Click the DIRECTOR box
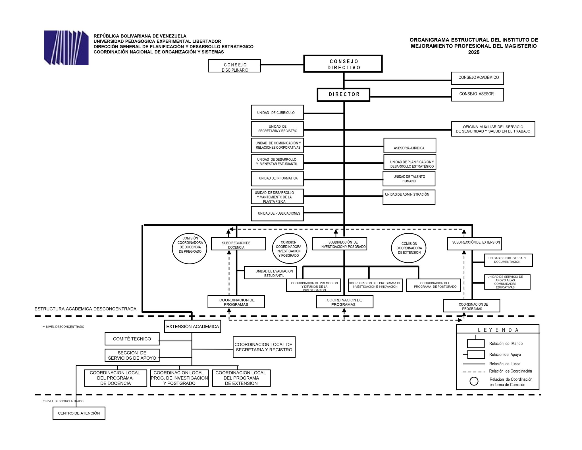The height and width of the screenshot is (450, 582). point(343,95)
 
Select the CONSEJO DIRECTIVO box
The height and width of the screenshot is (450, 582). point(343,64)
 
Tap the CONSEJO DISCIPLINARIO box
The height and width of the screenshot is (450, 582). point(234,66)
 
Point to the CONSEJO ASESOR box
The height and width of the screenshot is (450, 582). point(477,95)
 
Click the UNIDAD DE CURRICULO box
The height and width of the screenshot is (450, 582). point(277,113)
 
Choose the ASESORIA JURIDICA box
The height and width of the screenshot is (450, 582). point(410,146)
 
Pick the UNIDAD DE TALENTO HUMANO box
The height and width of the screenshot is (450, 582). point(409,179)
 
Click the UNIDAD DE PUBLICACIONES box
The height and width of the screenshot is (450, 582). point(277,213)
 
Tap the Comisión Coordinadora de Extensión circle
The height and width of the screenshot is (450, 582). point(409,248)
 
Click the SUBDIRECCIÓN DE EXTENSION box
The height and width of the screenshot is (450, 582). point(474,244)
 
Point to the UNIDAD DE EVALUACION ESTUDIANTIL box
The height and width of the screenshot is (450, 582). point(270,273)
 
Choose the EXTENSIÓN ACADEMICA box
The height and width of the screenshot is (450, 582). point(192,327)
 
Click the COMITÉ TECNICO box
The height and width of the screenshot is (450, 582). point(132,339)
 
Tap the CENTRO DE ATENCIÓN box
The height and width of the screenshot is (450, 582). point(79,413)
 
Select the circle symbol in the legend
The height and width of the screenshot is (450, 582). point(474,381)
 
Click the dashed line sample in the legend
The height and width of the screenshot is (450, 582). point(474,372)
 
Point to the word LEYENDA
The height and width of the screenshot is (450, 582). point(498,330)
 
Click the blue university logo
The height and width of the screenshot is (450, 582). point(66,47)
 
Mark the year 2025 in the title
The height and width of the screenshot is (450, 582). point(474,52)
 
